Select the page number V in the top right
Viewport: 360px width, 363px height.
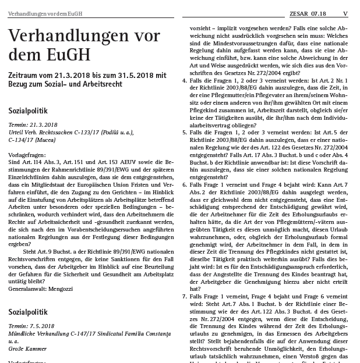coord(345,13)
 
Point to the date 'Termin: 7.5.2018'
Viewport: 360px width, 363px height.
coord(32,327)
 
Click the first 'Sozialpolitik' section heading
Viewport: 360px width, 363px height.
coord(27,111)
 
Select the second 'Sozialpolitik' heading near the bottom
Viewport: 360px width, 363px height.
coord(27,312)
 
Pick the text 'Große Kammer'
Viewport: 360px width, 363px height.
coord(27,349)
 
